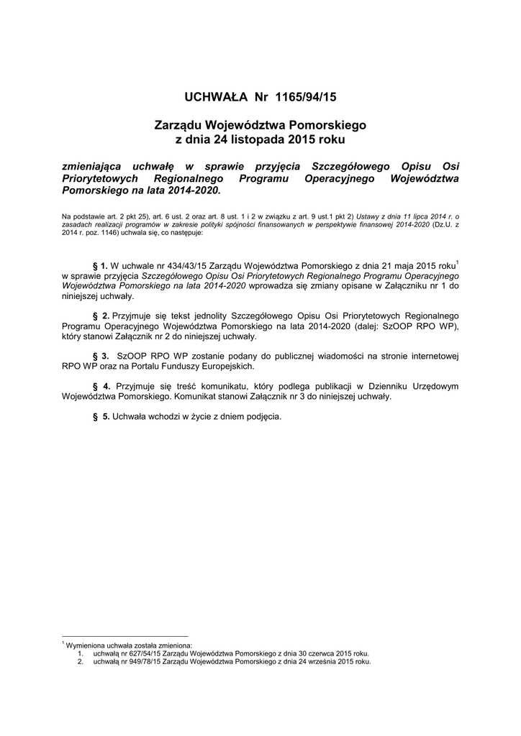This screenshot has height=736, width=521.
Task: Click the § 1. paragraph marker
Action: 101,265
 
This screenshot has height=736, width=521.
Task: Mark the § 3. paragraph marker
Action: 101,356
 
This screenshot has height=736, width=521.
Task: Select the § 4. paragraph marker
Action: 101,386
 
